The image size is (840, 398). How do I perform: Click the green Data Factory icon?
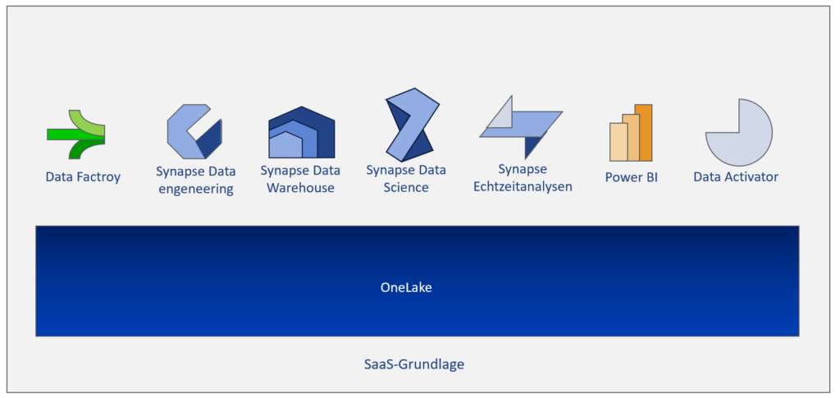pos(75,135)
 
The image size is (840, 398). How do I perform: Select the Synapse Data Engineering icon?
pos(194,132)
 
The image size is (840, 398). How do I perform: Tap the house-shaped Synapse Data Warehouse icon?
pos(302,132)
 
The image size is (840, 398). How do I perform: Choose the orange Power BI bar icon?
pos(631,133)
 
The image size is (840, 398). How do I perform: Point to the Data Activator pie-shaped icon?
pos(739,132)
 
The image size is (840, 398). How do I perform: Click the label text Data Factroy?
pos(83,177)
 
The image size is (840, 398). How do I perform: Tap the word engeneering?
pos(195,190)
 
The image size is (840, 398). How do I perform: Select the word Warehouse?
pos(300,188)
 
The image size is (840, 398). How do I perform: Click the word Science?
pos(406,187)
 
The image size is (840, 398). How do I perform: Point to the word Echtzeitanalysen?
pos(523,187)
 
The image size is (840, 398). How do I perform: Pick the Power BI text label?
pos(632,177)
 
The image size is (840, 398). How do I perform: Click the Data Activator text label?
pos(736,176)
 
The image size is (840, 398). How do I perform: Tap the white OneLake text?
pos(406,288)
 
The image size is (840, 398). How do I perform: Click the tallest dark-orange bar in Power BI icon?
pos(644,132)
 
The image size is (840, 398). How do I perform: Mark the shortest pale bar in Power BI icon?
pos(619,142)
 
